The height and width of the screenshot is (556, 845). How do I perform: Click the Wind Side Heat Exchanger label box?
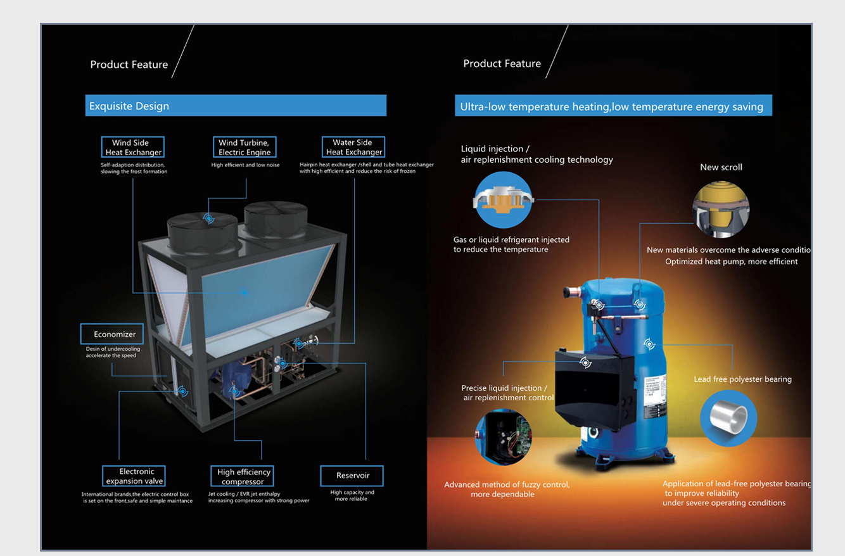pos(132,147)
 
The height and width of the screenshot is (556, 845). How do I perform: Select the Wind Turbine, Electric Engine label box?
pos(244,147)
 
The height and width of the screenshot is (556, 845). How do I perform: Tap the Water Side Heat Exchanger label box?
pos(353,147)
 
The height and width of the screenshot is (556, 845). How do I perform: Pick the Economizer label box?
pos(112,334)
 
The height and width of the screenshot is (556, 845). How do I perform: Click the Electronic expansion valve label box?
pos(134,476)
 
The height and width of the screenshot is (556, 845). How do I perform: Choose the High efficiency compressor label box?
pos(243,476)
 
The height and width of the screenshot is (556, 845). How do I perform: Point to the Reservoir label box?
pos(352,476)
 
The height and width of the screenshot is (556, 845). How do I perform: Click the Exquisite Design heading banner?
pos(236,106)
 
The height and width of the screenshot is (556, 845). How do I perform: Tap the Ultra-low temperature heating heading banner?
pos(613,106)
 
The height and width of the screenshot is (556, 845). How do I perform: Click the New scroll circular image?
pos(721,210)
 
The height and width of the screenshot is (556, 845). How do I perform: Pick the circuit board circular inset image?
pos(504,437)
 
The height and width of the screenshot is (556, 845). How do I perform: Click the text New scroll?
pos(721,167)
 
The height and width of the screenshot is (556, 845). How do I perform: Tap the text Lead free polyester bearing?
pos(742,379)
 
